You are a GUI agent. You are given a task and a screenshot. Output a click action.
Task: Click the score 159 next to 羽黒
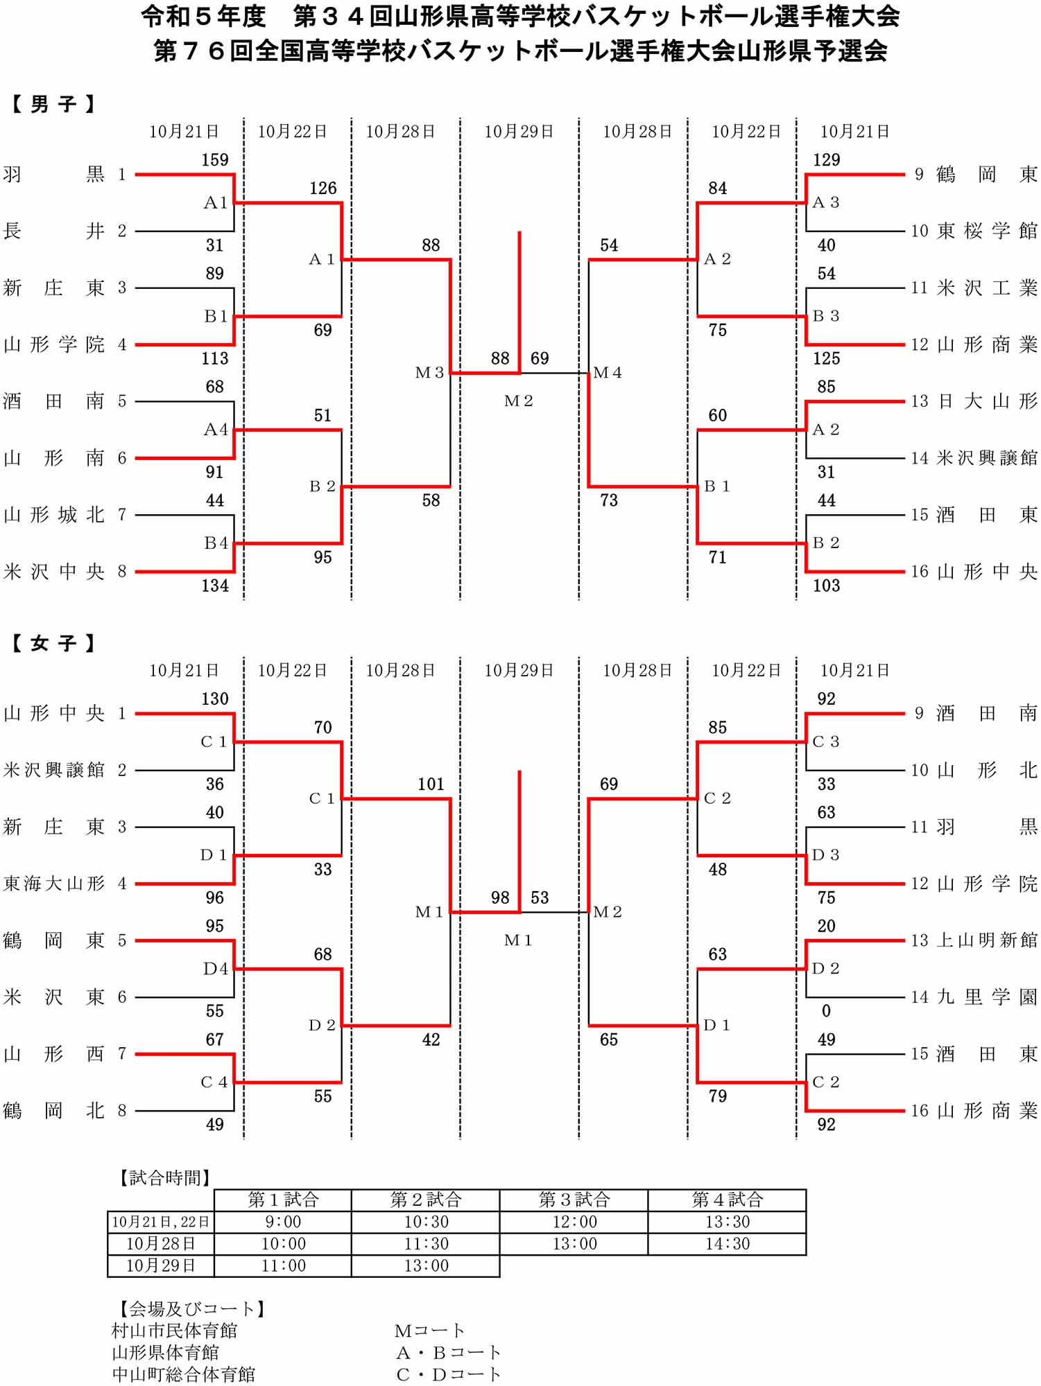point(214,160)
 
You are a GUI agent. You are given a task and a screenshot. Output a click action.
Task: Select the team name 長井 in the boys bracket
point(53,231)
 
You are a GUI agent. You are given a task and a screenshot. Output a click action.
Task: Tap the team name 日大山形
point(987,401)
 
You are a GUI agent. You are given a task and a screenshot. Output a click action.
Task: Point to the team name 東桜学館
point(987,231)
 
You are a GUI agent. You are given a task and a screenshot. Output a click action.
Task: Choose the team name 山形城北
point(53,515)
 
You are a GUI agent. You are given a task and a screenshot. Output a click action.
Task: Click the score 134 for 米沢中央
point(214,586)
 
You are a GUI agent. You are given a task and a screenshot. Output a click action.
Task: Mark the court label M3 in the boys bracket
point(429,373)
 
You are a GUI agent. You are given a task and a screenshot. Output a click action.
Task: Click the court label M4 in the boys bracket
point(608,373)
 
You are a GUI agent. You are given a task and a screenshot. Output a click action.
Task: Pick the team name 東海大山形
point(53,884)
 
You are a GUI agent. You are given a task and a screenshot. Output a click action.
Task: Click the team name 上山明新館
point(987,940)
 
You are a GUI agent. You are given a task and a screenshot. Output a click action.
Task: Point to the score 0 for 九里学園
point(826,1011)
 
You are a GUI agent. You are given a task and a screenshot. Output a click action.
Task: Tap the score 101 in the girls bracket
point(431,784)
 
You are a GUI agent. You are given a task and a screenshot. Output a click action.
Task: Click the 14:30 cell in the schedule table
point(727,1244)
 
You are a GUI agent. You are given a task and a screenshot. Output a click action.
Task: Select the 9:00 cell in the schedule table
point(283,1222)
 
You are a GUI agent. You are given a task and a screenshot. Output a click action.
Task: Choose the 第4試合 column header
point(727,1200)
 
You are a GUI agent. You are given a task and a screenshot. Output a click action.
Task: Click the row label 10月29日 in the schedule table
point(160,1266)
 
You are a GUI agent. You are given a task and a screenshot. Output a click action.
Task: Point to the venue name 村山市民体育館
point(174,1331)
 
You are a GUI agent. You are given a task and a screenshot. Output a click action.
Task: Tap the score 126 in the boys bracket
point(322,188)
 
